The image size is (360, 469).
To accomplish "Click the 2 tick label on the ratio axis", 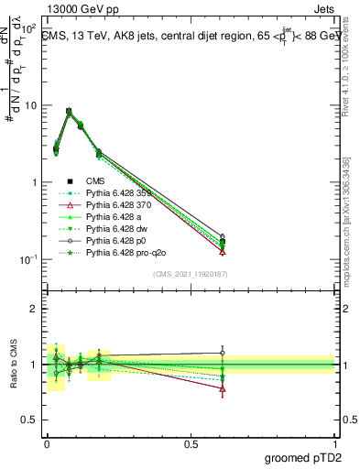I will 32,309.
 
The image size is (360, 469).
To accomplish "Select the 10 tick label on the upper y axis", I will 29,105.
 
